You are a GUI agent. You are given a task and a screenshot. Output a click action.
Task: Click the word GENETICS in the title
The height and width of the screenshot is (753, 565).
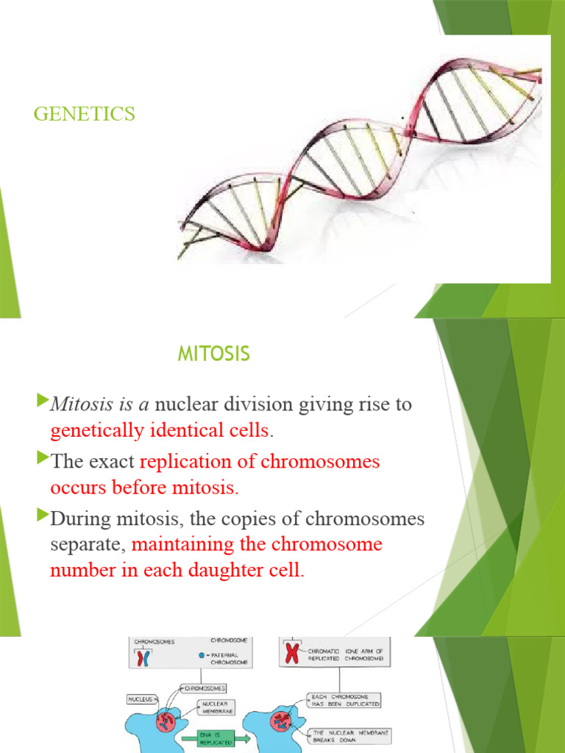tap(85, 114)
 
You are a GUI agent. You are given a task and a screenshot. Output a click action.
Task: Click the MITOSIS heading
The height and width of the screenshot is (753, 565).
tap(213, 354)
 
